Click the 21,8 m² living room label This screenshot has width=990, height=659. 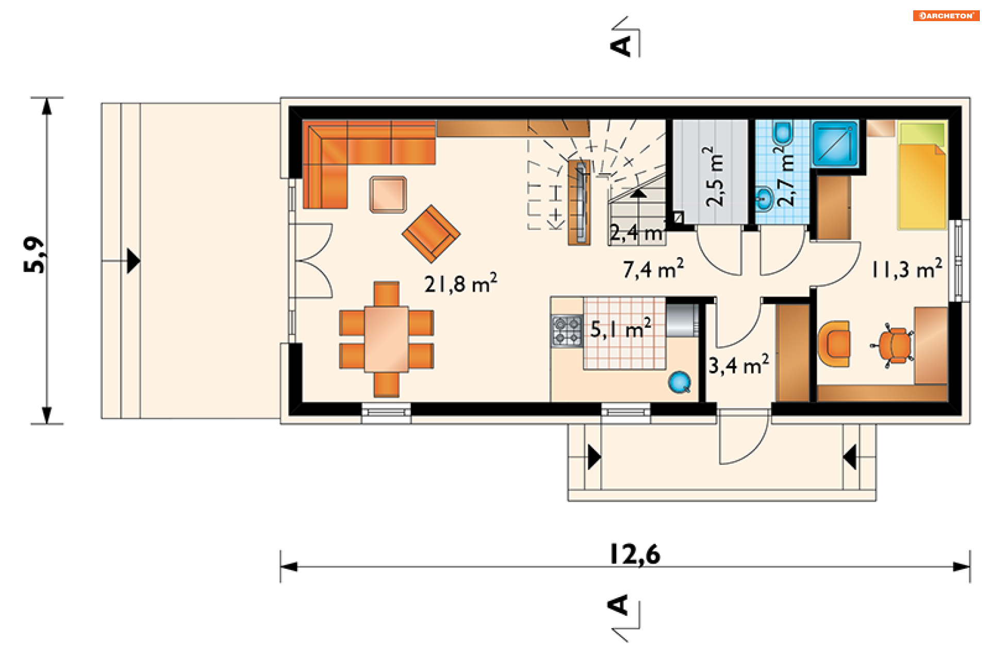(460, 283)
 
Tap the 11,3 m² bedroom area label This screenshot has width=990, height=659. (906, 268)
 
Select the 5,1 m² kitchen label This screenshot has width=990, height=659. (620, 328)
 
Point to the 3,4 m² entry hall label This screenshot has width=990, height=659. (738, 365)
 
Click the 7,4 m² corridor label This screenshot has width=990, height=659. (653, 268)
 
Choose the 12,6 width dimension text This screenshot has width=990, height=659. (635, 554)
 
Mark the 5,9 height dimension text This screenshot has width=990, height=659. (35, 255)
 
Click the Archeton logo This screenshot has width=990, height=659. (946, 15)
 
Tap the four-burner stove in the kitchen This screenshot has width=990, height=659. (567, 331)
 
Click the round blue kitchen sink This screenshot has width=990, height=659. (679, 382)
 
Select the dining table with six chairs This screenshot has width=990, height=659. (386, 339)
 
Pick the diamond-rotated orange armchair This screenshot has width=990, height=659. (431, 233)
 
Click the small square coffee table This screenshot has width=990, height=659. (388, 194)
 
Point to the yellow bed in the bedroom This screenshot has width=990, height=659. (922, 175)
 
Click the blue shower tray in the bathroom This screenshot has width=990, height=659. (835, 144)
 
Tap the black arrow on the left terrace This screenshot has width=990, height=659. (133, 261)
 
